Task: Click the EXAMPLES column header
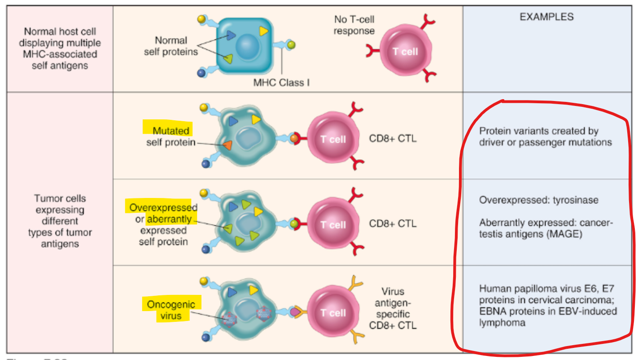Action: click(x=546, y=17)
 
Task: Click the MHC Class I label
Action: click(x=281, y=83)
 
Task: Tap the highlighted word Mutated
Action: click(x=171, y=131)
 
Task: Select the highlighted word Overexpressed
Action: click(x=163, y=207)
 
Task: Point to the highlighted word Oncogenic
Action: click(x=171, y=304)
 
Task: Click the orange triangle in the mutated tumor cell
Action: click(x=227, y=145)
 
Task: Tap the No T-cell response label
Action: click(x=354, y=25)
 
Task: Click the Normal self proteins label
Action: click(x=171, y=46)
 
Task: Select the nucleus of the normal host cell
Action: click(x=248, y=47)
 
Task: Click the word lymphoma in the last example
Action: click(x=502, y=323)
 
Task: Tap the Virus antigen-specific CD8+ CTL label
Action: click(x=393, y=308)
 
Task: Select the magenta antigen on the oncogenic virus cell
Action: click(x=295, y=312)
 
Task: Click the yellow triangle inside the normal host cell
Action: click(x=263, y=31)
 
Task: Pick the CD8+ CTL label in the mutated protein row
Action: click(x=393, y=139)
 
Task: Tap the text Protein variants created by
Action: click(x=539, y=131)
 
